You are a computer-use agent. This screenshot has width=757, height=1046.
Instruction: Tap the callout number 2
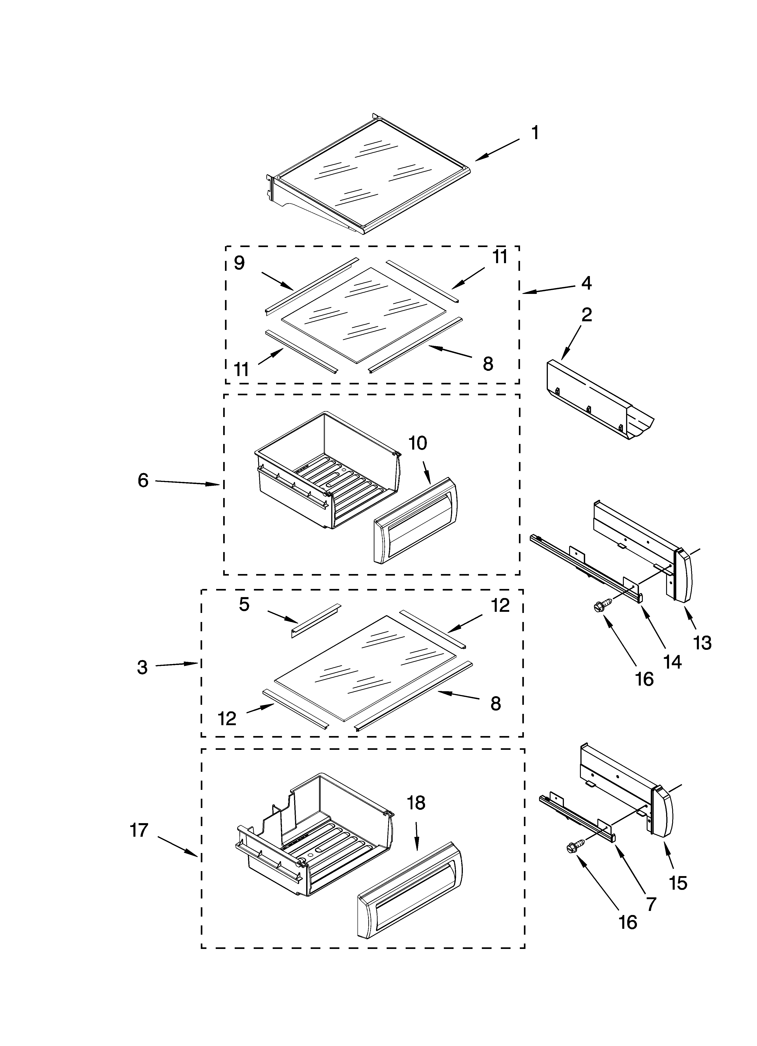[587, 315]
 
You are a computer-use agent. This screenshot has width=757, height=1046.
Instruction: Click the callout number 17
[139, 830]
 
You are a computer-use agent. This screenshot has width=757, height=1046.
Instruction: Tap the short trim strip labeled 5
[316, 620]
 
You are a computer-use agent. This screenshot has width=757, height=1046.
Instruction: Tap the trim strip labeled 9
[311, 286]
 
